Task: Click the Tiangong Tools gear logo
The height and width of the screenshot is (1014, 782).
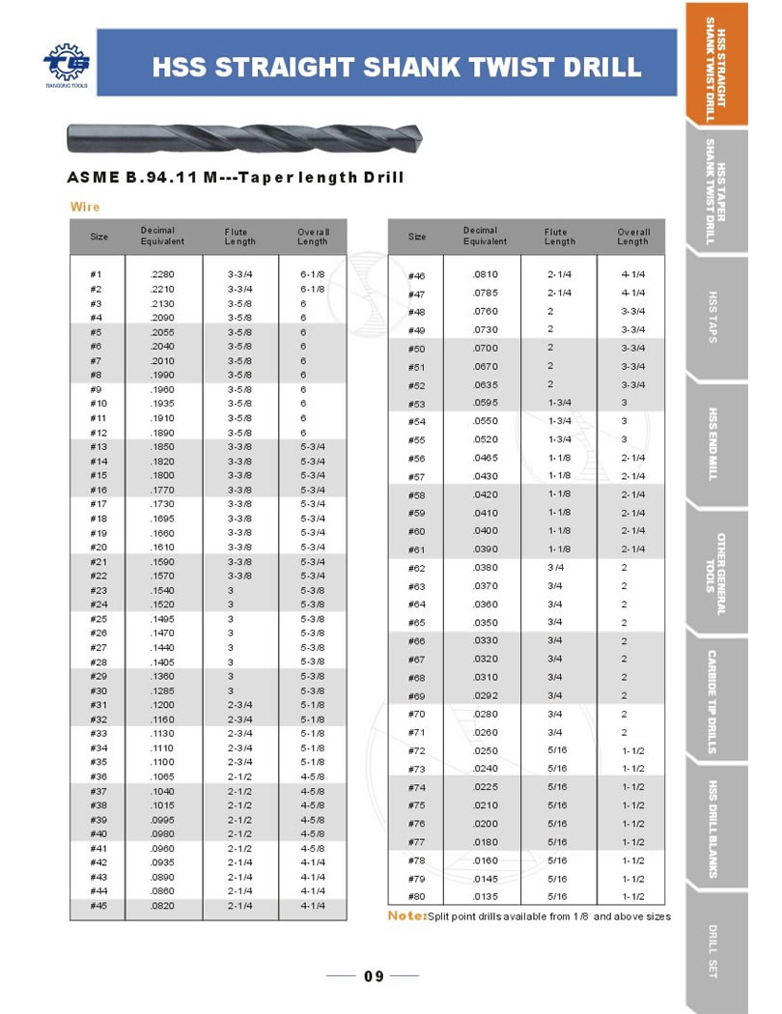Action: pyautogui.click(x=65, y=66)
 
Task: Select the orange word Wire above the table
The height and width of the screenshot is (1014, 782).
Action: pyautogui.click(x=85, y=207)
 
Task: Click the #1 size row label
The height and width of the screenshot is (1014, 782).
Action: pyautogui.click(x=97, y=275)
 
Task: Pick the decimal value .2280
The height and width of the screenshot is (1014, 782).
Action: pyautogui.click(x=161, y=275)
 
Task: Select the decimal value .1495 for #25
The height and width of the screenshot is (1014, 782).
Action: pyautogui.click(x=161, y=619)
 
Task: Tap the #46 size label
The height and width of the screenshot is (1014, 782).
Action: pyautogui.click(x=417, y=276)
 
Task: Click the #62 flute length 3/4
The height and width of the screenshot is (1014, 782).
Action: pyautogui.click(x=555, y=568)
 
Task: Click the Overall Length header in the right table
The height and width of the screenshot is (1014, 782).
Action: pyautogui.click(x=633, y=237)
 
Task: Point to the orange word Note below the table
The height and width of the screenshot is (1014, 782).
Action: pyautogui.click(x=405, y=915)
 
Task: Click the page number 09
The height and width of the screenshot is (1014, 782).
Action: pyautogui.click(x=374, y=976)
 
